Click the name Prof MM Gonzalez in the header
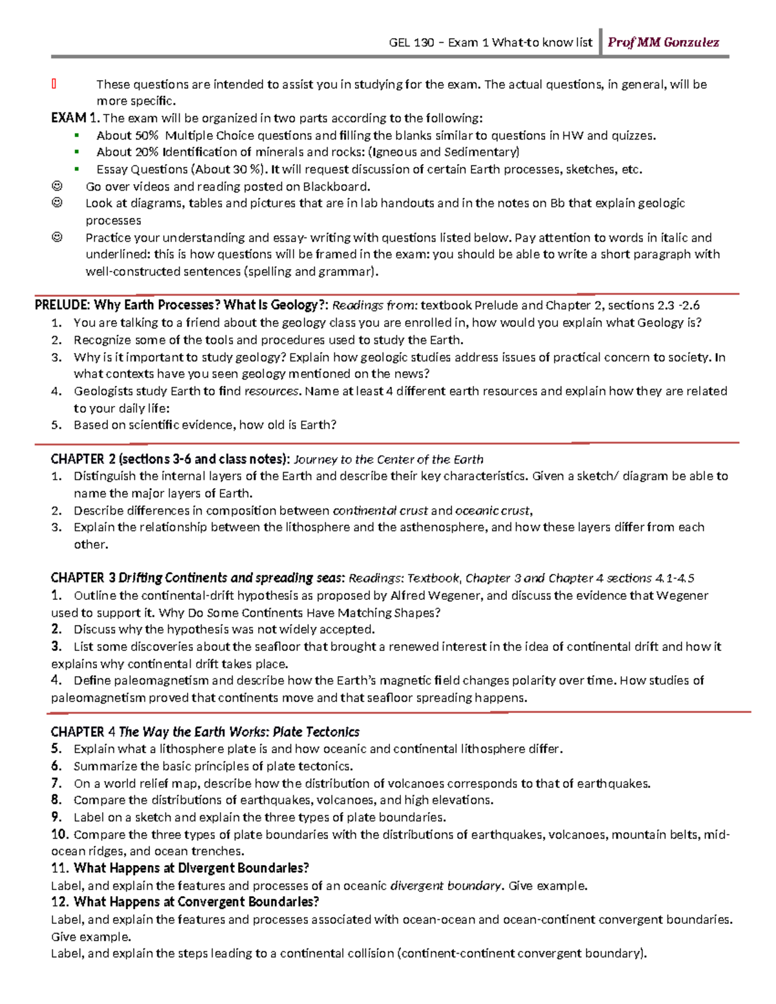tap(663, 43)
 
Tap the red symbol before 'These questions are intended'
tap(54, 83)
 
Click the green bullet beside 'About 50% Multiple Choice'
tap(76, 135)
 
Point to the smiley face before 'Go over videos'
tap(57, 186)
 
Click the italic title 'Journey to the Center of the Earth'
tap(388, 460)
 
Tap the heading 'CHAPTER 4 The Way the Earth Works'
tap(205, 732)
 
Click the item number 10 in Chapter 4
tap(60, 835)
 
